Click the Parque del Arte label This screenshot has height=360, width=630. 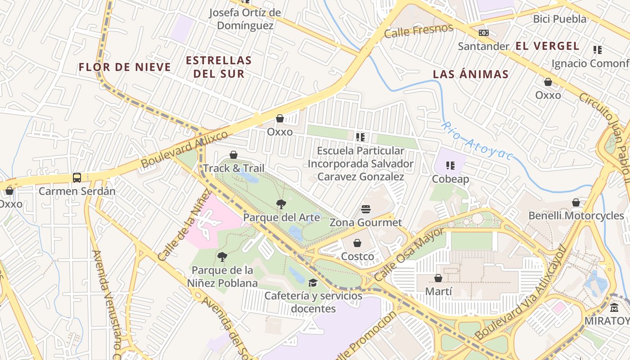281,217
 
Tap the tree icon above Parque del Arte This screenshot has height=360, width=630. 281,204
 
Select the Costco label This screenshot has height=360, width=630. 357,256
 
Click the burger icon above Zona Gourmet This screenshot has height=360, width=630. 366,209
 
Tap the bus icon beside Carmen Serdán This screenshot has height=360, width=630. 77,178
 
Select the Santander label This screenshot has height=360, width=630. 483,46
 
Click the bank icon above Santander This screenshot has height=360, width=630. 484,33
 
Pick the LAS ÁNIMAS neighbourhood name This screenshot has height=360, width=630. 470,74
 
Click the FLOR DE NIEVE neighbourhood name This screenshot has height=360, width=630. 125,67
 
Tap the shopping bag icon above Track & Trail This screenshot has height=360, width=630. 234,155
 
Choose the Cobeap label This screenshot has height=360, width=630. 450,179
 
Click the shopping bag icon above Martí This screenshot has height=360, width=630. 438,279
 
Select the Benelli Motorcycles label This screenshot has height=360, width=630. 576,216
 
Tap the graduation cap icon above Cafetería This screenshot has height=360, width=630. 313,283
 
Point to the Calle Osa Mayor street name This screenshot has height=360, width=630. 409,255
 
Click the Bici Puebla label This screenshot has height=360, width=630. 559,19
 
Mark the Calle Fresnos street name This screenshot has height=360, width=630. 418,31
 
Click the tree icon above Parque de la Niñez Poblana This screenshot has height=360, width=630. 222,257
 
